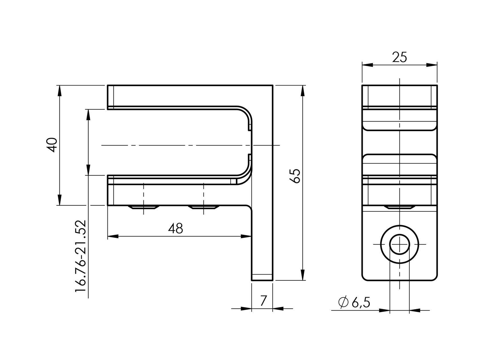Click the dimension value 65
(295, 176)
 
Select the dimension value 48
(175, 228)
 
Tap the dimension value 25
(399, 57)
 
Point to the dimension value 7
(263, 301)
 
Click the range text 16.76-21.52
(81, 256)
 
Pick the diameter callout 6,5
(361, 302)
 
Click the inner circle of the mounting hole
(400, 244)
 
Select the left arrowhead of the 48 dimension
(113, 236)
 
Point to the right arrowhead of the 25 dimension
(432, 65)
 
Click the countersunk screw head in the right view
(399, 207)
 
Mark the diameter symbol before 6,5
(343, 302)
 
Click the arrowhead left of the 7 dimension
(246, 309)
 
